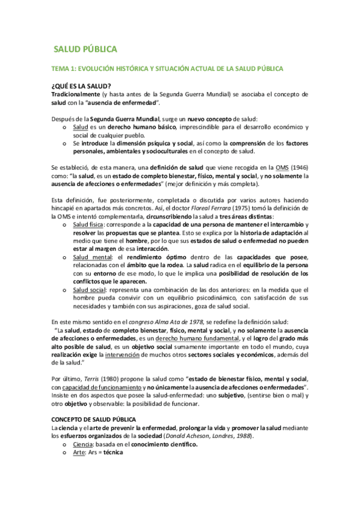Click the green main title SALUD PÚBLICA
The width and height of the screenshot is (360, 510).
tap(85, 49)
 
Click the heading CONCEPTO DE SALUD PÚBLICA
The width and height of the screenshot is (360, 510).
tap(94, 419)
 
